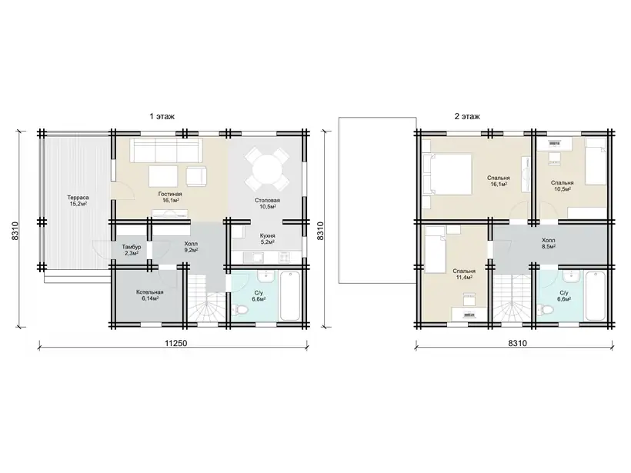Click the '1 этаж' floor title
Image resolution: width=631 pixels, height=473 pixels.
click(162, 117)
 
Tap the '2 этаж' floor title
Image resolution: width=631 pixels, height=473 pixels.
click(467, 117)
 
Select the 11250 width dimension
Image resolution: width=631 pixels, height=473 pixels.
click(176, 343)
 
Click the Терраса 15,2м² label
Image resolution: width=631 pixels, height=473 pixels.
click(78, 201)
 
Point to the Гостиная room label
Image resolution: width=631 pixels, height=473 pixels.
click(170, 194)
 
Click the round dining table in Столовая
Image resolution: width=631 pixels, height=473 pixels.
click(267, 169)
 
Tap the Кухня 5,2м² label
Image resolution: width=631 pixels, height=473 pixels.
click(268, 239)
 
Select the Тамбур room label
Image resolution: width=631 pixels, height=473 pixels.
click(132, 247)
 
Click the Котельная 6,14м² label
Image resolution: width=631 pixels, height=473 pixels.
click(150, 295)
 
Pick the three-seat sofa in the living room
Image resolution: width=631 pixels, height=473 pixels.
click(165, 151)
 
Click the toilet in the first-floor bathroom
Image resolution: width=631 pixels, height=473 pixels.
click(242, 311)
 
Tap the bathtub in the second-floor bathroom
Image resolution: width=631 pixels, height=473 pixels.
click(595, 295)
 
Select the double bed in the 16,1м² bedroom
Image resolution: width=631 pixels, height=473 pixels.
click(446, 175)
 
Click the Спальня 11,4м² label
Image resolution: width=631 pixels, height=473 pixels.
click(464, 274)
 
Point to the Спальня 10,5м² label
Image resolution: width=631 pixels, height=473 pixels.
click(563, 185)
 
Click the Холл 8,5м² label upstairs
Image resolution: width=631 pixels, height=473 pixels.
click(549, 243)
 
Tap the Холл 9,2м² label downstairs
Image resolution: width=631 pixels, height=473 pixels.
click(191, 247)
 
